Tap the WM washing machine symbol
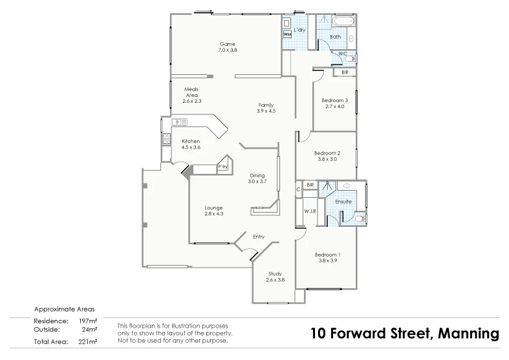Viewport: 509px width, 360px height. [x=287, y=34]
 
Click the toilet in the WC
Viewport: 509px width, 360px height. [x=349, y=59]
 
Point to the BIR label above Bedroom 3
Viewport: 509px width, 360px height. [x=344, y=72]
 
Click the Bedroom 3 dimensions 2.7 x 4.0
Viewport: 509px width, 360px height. [x=335, y=106]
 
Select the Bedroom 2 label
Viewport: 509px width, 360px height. [x=327, y=153]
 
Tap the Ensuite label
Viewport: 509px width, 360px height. [x=343, y=202]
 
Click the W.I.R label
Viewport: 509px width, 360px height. [x=309, y=211]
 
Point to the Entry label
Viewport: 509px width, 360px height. [x=259, y=237]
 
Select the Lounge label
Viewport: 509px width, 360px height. [x=213, y=207]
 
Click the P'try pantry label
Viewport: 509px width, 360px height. [x=222, y=167]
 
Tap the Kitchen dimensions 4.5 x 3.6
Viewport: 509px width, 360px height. [x=191, y=147]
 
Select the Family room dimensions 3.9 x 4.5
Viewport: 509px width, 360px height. [x=266, y=111]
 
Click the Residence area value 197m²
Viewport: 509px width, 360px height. [x=87, y=321]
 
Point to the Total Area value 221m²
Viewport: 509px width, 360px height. [x=87, y=341]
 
